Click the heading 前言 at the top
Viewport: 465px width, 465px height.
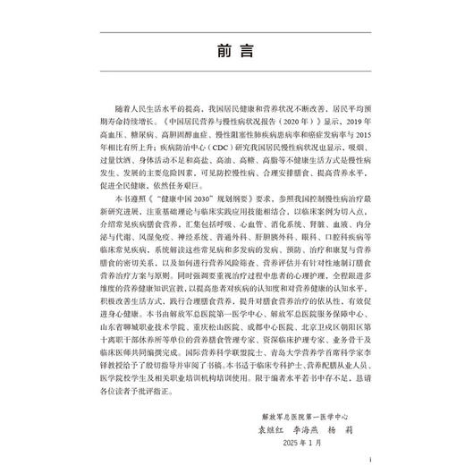tap(232, 51)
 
